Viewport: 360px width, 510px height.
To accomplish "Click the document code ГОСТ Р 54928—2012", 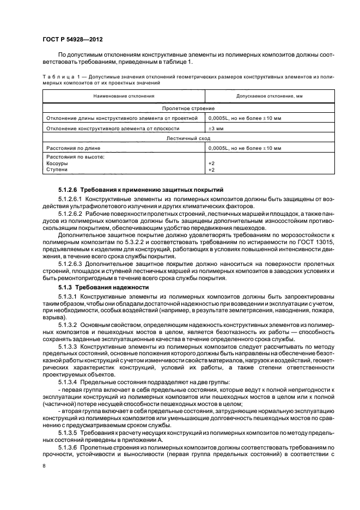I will (74, 39).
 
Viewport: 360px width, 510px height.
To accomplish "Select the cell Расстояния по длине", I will (71, 148).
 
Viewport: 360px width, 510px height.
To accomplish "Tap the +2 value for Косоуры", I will (212, 163).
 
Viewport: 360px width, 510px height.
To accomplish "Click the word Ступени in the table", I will (57, 170).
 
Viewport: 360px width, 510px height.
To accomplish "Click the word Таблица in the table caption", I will (57, 78).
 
